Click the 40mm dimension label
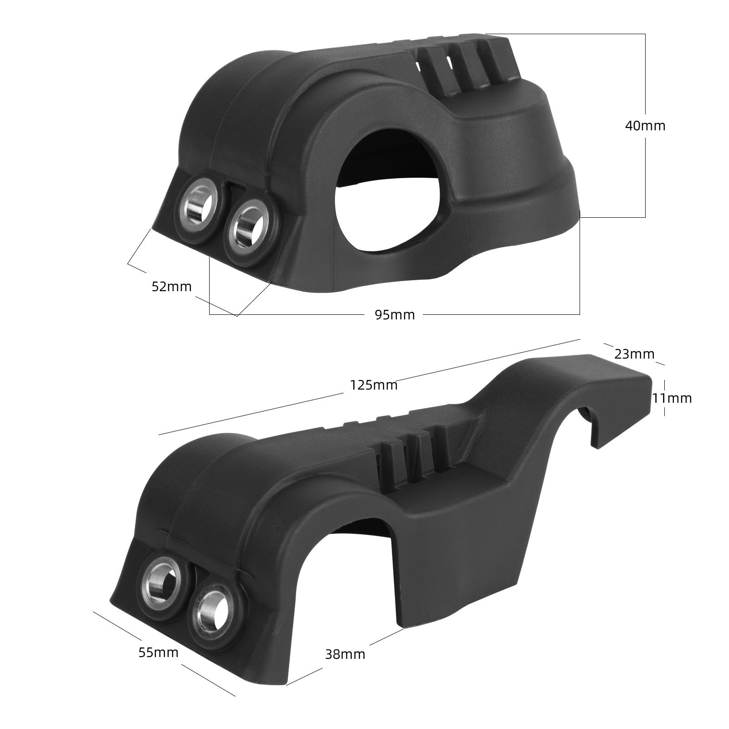pyautogui.click(x=645, y=126)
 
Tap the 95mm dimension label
pyautogui.click(x=395, y=314)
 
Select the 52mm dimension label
pyautogui.click(x=171, y=287)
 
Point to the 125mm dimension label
pyautogui.click(x=374, y=385)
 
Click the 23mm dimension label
pyautogui.click(x=634, y=354)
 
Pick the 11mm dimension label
pyautogui.click(x=672, y=398)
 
